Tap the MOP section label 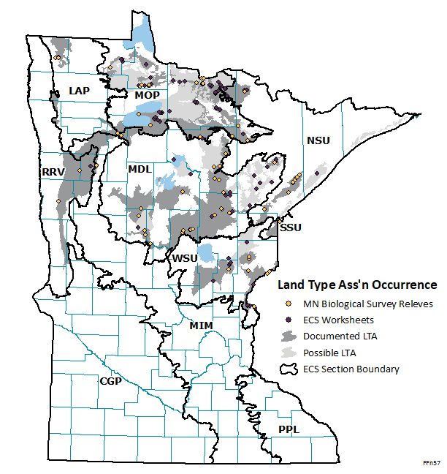(x=148, y=94)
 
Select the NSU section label (x=318, y=140)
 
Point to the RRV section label (x=53, y=171)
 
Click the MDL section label (x=140, y=169)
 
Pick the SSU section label (x=289, y=228)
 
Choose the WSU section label (x=185, y=258)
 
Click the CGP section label (x=110, y=381)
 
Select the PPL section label (x=289, y=429)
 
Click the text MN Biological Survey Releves (x=368, y=304)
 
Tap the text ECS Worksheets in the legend (x=340, y=320)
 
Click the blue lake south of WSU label (x=207, y=254)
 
